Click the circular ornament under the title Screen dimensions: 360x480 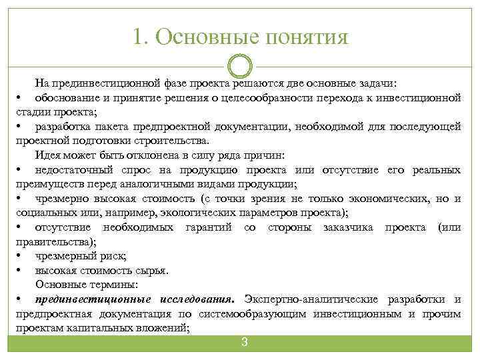[240, 67]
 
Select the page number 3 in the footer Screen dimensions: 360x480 [244, 343]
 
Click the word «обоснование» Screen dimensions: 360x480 [68, 98]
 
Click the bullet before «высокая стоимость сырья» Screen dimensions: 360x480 [21, 270]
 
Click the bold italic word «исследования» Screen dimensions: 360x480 [195, 299]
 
